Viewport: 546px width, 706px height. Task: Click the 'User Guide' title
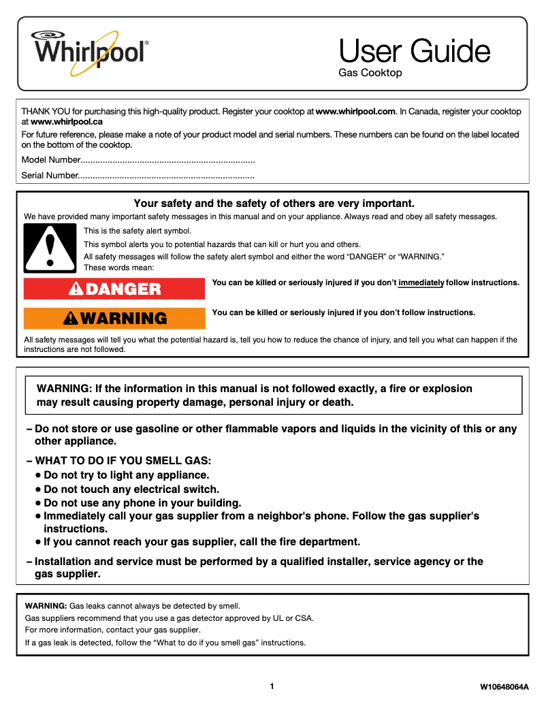coord(414,51)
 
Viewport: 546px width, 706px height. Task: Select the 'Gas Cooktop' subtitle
coord(370,73)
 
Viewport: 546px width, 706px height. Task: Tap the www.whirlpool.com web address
coord(355,111)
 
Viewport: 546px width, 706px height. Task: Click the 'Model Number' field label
coord(51,161)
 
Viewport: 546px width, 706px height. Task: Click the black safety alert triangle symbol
coord(48,248)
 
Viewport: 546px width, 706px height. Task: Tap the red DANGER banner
coord(114,289)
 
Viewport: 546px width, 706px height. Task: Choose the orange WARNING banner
coord(114,319)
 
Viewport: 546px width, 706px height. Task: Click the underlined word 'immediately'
coord(421,283)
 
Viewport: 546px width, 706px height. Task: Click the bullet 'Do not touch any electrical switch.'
coord(131,489)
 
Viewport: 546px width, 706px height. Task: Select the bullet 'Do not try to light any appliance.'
coord(126,475)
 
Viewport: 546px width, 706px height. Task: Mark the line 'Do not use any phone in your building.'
coord(142,503)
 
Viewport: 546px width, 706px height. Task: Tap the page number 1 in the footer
coord(272,686)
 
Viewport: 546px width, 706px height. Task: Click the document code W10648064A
coord(504,687)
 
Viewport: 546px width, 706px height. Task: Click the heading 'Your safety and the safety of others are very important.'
coord(274,204)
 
